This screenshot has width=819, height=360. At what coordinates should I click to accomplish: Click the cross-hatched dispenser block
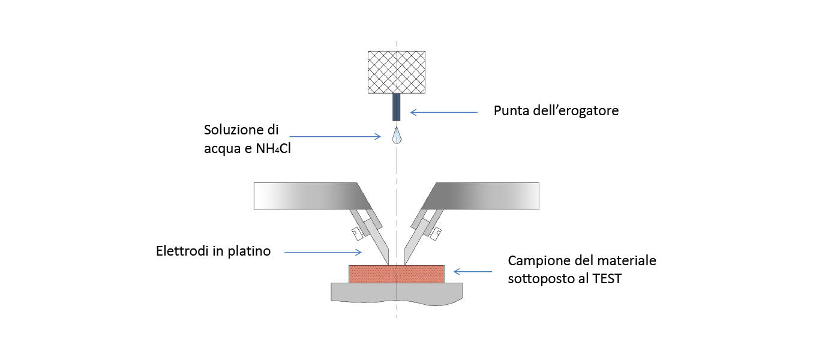click(396, 71)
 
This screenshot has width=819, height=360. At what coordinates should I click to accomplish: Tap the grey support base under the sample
click(396, 293)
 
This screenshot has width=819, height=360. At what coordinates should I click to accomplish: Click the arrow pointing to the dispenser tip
click(443, 112)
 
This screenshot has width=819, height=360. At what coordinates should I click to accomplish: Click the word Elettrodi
click(181, 251)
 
